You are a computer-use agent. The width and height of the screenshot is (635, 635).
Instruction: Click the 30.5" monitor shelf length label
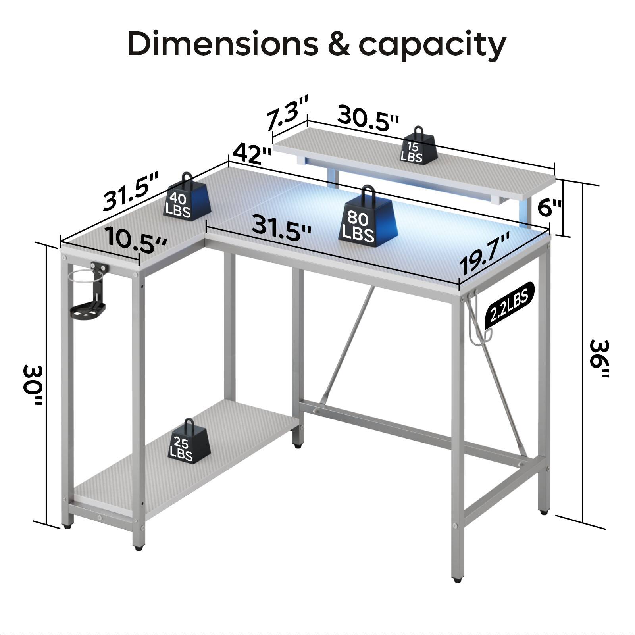click(x=368, y=119)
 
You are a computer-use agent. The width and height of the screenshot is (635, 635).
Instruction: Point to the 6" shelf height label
click(x=549, y=207)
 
